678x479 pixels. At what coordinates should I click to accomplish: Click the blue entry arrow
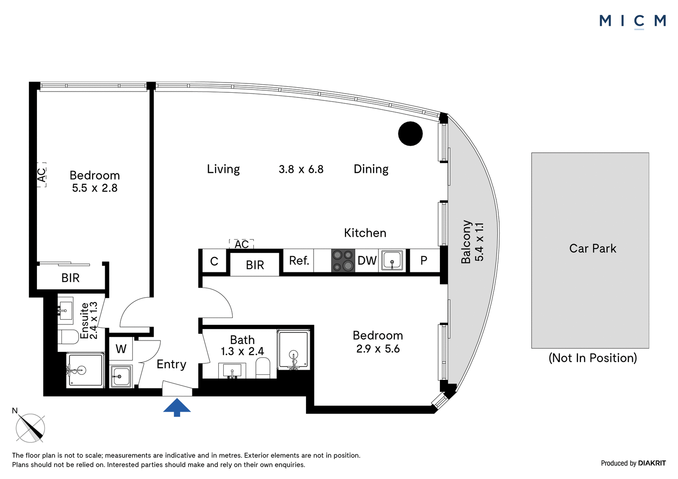coord(177,407)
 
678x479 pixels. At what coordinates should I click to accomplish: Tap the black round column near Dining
coord(410,133)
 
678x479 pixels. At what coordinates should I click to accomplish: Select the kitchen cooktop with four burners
coord(343,260)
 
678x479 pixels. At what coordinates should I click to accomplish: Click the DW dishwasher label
coord(367,260)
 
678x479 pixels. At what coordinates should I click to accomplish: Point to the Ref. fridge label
coord(299,260)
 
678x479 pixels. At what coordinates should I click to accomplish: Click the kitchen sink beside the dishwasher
coord(392,260)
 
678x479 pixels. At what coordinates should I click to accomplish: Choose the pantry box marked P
coord(424,260)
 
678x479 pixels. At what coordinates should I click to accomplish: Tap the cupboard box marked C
coord(214,261)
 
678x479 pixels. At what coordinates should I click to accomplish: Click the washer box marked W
coord(121,349)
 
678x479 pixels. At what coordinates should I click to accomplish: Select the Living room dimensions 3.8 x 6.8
coord(301,169)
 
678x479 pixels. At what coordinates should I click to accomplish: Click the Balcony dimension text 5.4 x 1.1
coord(479,242)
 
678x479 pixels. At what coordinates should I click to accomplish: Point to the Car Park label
coord(593,249)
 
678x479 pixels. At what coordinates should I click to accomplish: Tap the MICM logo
coord(633,21)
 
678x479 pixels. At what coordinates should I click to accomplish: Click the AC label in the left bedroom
coord(42,174)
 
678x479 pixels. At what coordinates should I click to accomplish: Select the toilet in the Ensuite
coord(68,337)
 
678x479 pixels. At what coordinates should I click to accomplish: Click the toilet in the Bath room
coord(263,368)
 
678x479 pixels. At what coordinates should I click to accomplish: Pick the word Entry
coord(171,364)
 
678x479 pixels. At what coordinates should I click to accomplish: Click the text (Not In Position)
coord(593,358)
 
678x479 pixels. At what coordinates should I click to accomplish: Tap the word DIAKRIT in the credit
coord(652,463)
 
